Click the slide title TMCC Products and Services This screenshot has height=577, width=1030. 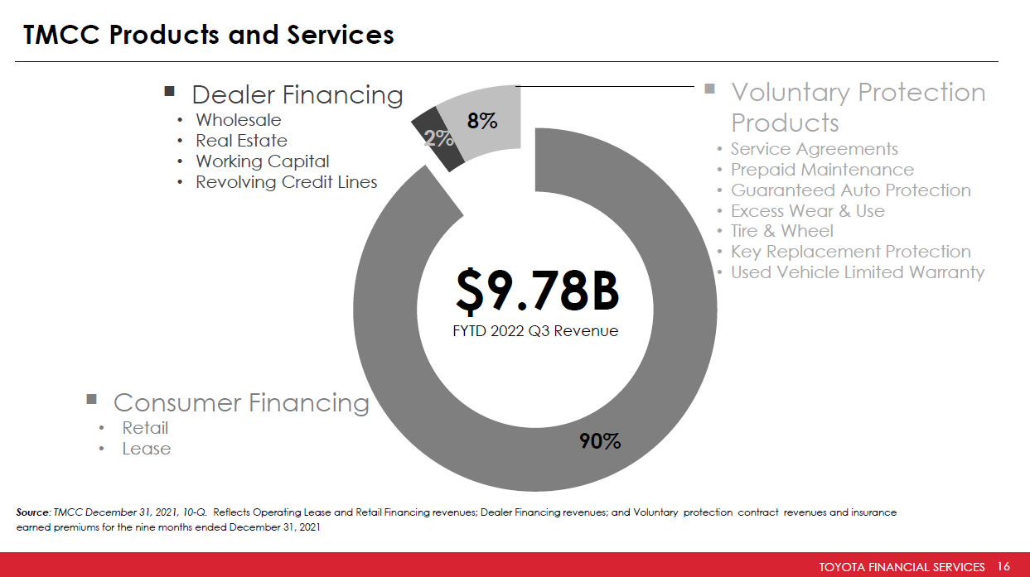coord(209,35)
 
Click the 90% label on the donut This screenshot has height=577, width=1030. coord(601,441)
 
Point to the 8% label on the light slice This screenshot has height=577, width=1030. coord(481,121)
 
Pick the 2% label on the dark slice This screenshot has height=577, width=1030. coord(439,138)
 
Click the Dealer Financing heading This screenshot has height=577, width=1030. coord(297,94)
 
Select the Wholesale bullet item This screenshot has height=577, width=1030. coord(238,120)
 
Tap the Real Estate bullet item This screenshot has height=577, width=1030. coord(241,141)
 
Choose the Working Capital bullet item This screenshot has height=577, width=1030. coord(262,161)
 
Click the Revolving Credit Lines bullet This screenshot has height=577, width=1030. coord(286,182)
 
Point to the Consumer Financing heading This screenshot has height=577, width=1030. coord(240,402)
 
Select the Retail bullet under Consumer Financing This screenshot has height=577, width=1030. coord(145,428)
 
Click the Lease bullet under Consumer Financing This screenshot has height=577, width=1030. coord(146,449)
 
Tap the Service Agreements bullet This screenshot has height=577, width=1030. coord(814,149)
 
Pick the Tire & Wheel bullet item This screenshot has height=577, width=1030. coord(781,231)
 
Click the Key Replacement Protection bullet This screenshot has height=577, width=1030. coord(850,252)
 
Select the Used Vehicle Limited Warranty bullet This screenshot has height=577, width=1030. coord(857,272)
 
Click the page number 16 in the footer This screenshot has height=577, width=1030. coord(1004,567)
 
